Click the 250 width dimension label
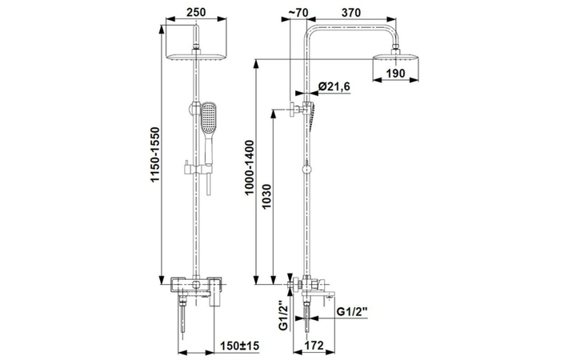[x=196, y=12]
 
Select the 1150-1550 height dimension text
[x=155, y=154]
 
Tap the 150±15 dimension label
[x=239, y=346]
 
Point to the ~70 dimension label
[x=298, y=12]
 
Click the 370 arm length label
[x=350, y=12]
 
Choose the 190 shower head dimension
[x=396, y=74]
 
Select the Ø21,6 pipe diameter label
[x=334, y=86]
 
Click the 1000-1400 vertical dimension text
[x=250, y=167]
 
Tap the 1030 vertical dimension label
[x=266, y=196]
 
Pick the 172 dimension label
[x=314, y=346]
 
